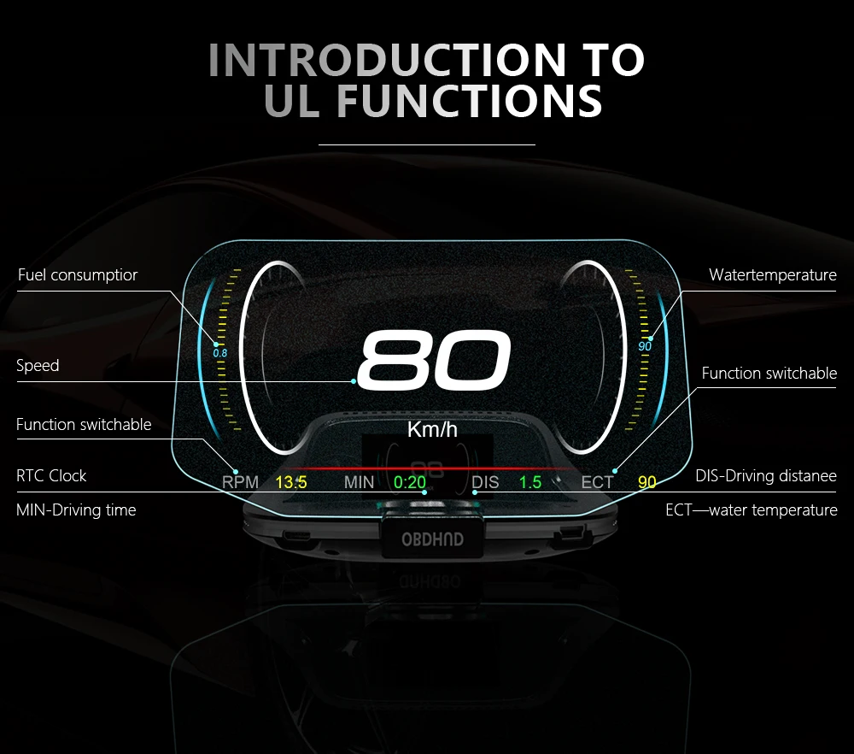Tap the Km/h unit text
[x=432, y=429]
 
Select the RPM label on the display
[x=240, y=482]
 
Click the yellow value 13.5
[x=291, y=482]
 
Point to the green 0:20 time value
[x=410, y=482]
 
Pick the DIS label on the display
[x=485, y=482]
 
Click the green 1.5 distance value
[x=530, y=482]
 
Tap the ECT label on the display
[x=597, y=482]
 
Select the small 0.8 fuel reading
[x=219, y=352]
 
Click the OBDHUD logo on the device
[x=433, y=539]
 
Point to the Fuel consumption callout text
[x=78, y=275]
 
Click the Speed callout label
[x=38, y=366]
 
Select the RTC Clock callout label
[x=51, y=476]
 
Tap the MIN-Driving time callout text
[x=76, y=510]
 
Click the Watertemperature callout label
[x=773, y=275]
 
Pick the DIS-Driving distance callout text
[x=766, y=476]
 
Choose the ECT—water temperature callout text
[x=752, y=510]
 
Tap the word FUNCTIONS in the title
[x=470, y=101]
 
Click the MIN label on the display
[x=359, y=482]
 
